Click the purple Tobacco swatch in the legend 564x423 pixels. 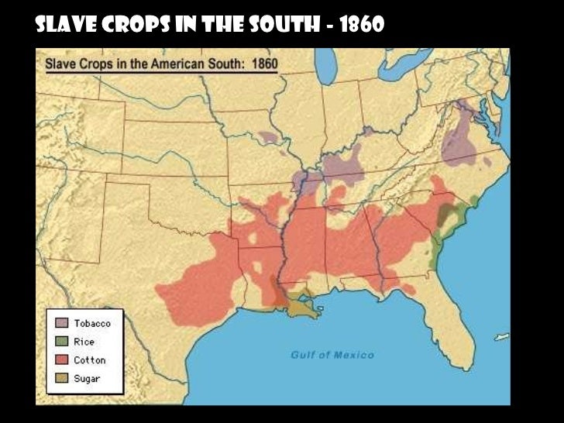pos(60,323)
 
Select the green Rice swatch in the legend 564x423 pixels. pos(60,342)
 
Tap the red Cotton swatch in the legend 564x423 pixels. pos(60,360)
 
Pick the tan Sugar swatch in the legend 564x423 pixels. pos(60,379)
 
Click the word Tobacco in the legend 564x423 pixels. pos(92,323)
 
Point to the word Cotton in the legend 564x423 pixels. pos(89,360)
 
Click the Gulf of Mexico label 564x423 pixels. pos(332,355)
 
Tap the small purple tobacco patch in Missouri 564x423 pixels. pos(268,138)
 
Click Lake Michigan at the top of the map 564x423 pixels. pos(328,66)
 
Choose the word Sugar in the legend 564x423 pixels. pos(87,379)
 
